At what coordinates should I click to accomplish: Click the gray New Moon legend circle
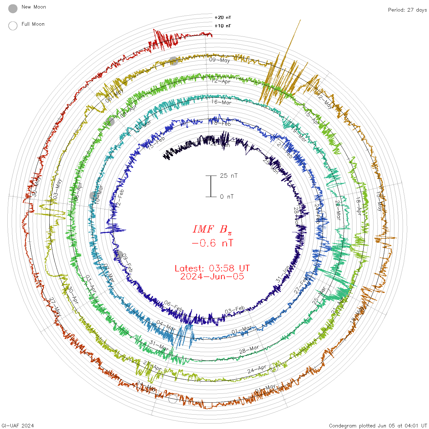pos(13,9)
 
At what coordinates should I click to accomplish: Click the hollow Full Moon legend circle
pos(13,26)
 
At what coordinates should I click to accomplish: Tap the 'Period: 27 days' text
pos(407,10)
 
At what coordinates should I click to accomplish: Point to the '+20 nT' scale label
pos(223,17)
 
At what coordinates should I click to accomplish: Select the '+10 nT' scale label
pos(223,26)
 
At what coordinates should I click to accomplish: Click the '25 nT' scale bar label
pos(229,176)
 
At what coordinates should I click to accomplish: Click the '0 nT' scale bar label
pos(227,196)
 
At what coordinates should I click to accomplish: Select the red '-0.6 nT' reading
pos(212,243)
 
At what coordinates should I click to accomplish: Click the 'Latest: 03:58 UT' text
pos(212,268)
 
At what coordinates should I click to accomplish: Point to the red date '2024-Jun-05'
pos(212,276)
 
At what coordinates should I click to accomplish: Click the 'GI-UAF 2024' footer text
pos(18,426)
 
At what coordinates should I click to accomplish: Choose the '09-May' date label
pos(219,60)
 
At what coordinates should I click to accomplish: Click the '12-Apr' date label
pos(221,81)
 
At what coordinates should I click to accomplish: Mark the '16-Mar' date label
pos(221,102)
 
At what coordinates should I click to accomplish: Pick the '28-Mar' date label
pos(249,350)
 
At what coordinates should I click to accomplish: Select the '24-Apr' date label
pos(257,369)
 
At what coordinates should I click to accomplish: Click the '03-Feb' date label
pos(235,310)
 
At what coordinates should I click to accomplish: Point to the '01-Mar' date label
pos(241,330)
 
